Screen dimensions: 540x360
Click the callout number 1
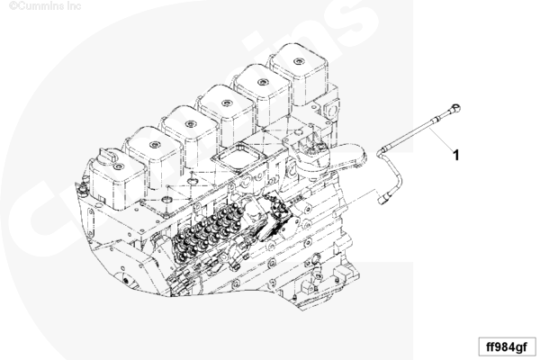[456, 156]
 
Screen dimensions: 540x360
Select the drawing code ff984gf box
[507, 346]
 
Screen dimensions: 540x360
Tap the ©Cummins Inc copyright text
[45, 6]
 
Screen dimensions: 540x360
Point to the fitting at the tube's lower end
[383, 199]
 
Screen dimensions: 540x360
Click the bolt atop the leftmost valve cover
[119, 167]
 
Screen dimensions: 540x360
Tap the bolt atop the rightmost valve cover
[298, 62]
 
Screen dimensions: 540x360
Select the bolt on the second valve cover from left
[155, 145]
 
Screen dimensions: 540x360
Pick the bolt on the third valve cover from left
[191, 124]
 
